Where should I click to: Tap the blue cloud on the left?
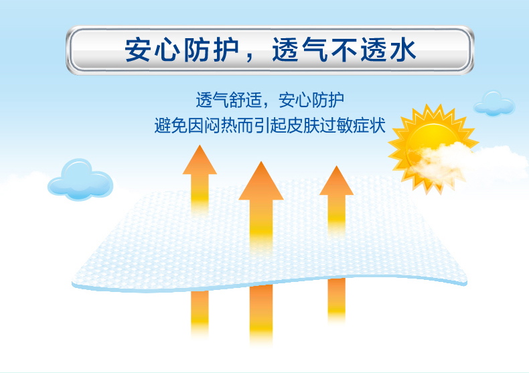point(81,179)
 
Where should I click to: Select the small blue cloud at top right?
point(494,103)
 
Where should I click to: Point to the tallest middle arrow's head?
point(260,181)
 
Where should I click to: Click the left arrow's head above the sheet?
point(200,161)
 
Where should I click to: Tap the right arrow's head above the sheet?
point(336,181)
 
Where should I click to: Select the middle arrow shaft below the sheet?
point(260,315)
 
